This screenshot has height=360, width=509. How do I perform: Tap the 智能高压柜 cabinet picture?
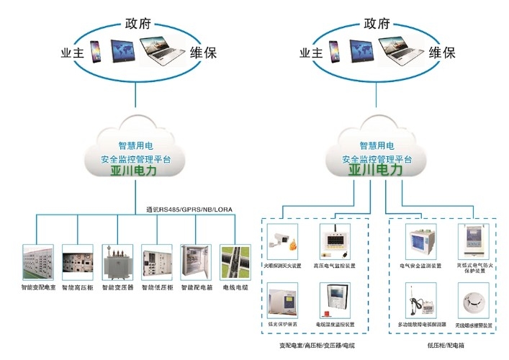point(77,263)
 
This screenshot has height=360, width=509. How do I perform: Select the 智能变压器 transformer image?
point(117,263)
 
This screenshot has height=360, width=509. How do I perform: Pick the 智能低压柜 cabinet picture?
point(156,263)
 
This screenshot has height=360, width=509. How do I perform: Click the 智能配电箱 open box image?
point(196,263)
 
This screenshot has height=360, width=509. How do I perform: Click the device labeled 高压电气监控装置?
point(335,241)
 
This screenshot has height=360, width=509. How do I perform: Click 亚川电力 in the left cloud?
point(137,171)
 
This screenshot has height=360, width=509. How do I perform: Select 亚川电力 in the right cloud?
point(376,170)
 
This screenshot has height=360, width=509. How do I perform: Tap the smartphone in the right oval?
point(334,50)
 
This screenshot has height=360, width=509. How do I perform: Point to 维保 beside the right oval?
point(441,53)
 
